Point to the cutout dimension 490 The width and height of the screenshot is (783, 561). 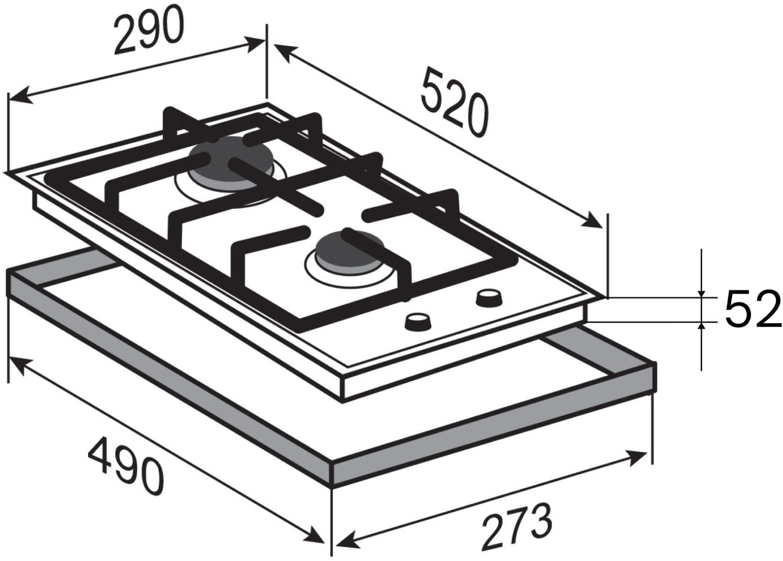(x=126, y=468)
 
